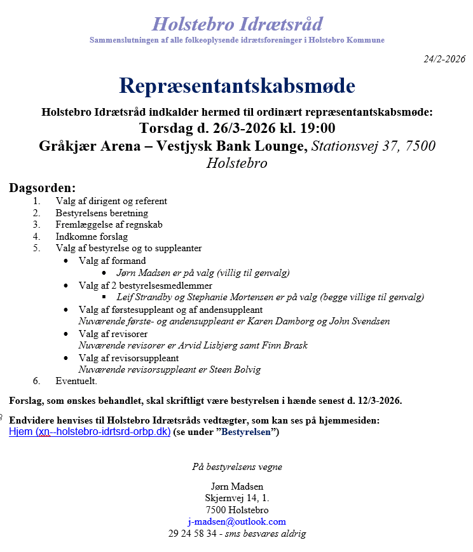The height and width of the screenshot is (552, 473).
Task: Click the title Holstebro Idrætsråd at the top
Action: (237, 24)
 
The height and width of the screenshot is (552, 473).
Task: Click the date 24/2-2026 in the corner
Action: (444, 59)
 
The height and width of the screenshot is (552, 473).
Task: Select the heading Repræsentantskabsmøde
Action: (236, 86)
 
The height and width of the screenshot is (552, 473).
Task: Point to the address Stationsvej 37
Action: (358, 146)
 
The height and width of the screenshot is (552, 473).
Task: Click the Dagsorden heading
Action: (42, 188)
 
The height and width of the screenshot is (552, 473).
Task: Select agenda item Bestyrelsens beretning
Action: (102, 213)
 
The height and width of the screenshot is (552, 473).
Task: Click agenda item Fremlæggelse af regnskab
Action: (109, 224)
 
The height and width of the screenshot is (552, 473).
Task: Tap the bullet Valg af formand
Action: (112, 261)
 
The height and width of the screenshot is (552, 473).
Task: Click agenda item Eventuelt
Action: (76, 381)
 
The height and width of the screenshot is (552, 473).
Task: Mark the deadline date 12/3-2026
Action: (378, 401)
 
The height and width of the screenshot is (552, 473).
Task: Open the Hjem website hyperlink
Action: (90, 432)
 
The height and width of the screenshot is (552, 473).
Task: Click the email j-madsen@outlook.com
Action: (236, 521)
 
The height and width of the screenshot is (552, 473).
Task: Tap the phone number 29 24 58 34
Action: (192, 534)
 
